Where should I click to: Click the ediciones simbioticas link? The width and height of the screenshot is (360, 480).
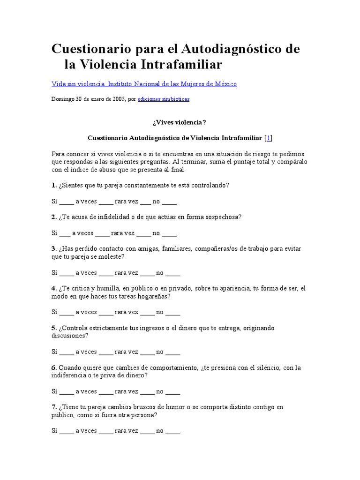(x=164, y=99)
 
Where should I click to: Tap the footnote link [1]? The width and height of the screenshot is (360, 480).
(x=269, y=138)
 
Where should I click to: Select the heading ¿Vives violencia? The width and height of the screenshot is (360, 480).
(x=179, y=122)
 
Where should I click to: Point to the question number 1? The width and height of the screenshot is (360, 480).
(x=54, y=185)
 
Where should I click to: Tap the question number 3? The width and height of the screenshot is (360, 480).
(x=54, y=249)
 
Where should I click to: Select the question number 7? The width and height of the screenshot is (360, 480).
(x=54, y=407)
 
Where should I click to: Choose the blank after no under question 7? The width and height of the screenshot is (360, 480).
(x=172, y=431)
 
